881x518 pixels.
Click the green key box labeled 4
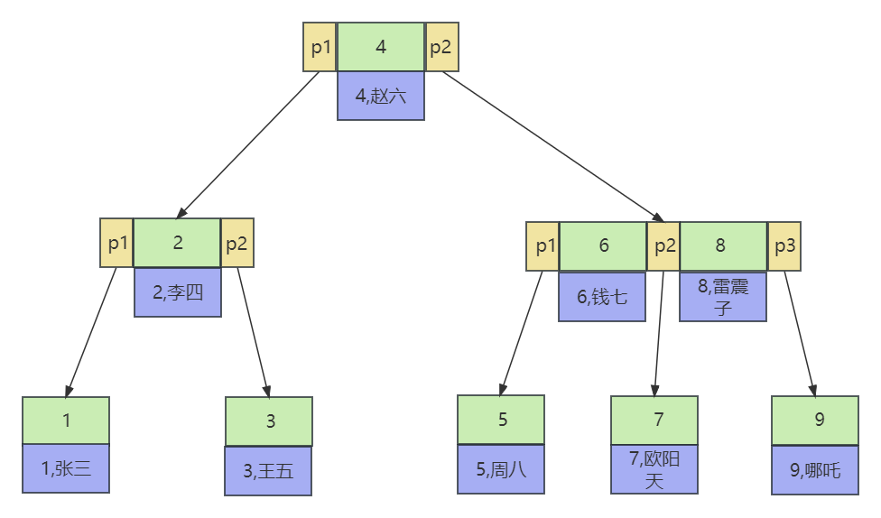point(380,47)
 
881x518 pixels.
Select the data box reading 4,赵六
point(380,96)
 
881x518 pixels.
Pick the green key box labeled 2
point(177,243)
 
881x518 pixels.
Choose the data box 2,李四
point(177,291)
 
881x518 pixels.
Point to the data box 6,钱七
point(602,296)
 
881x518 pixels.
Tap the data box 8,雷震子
point(722,297)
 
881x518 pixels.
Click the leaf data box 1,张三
point(66,468)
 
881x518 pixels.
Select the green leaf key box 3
point(269,421)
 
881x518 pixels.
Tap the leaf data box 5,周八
point(500,469)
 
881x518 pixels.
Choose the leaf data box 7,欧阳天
point(654,469)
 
